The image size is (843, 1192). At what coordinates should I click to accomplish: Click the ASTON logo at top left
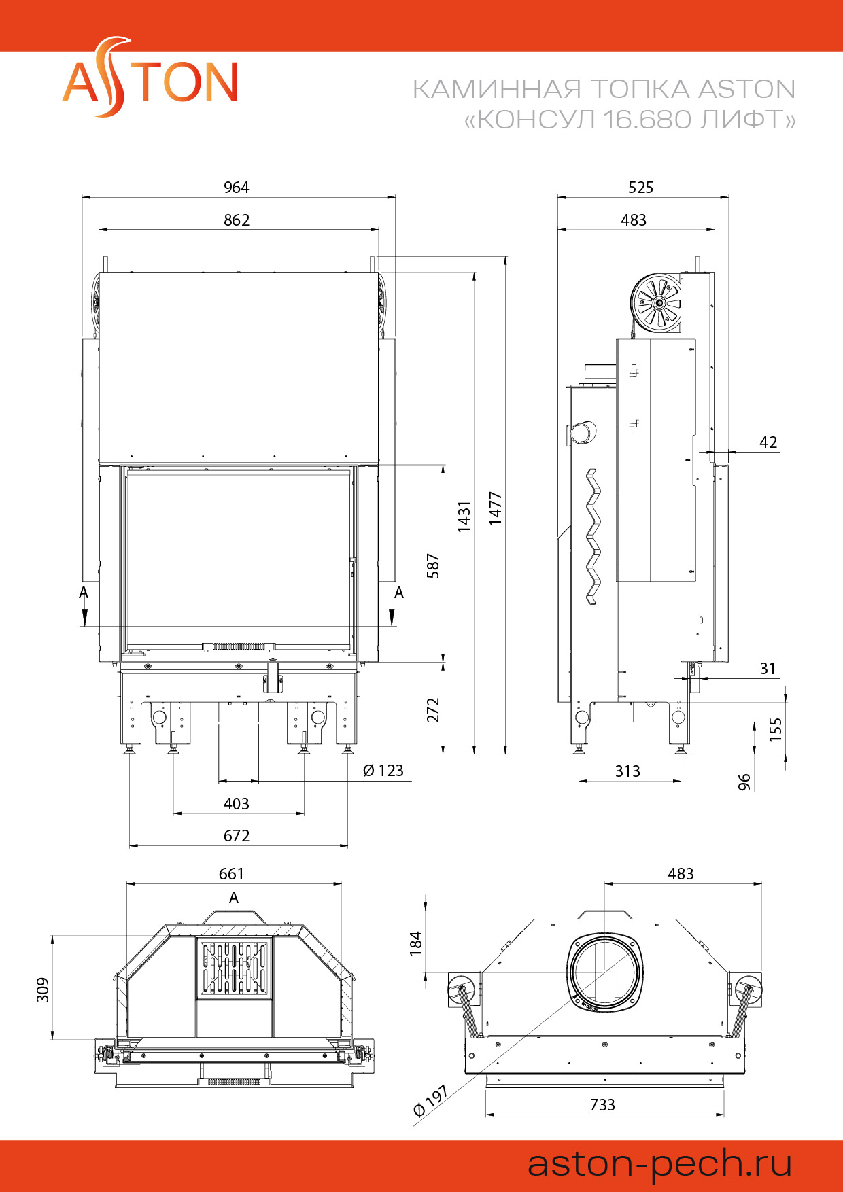[150, 79]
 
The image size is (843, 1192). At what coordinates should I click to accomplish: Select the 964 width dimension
[237, 188]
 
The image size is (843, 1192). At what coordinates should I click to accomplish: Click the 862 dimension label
[237, 220]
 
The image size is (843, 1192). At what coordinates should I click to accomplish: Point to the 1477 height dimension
[496, 508]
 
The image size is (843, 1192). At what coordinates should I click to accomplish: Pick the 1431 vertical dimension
[464, 516]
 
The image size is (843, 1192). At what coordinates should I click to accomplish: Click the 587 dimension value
[433, 566]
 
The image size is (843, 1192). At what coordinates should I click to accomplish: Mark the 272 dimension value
[433, 710]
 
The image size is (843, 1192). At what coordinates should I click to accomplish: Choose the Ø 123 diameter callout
[383, 771]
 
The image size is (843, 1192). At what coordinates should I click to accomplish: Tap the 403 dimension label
[237, 804]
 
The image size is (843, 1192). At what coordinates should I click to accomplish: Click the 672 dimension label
[237, 836]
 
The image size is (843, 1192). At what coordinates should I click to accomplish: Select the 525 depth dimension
[640, 188]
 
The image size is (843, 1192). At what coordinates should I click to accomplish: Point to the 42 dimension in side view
[768, 442]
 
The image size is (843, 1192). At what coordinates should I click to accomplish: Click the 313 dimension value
[627, 771]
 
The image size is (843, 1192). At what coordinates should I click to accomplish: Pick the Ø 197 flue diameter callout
[430, 1101]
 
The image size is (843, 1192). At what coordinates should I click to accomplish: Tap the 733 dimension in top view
[602, 1105]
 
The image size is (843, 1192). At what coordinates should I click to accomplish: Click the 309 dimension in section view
[43, 989]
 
